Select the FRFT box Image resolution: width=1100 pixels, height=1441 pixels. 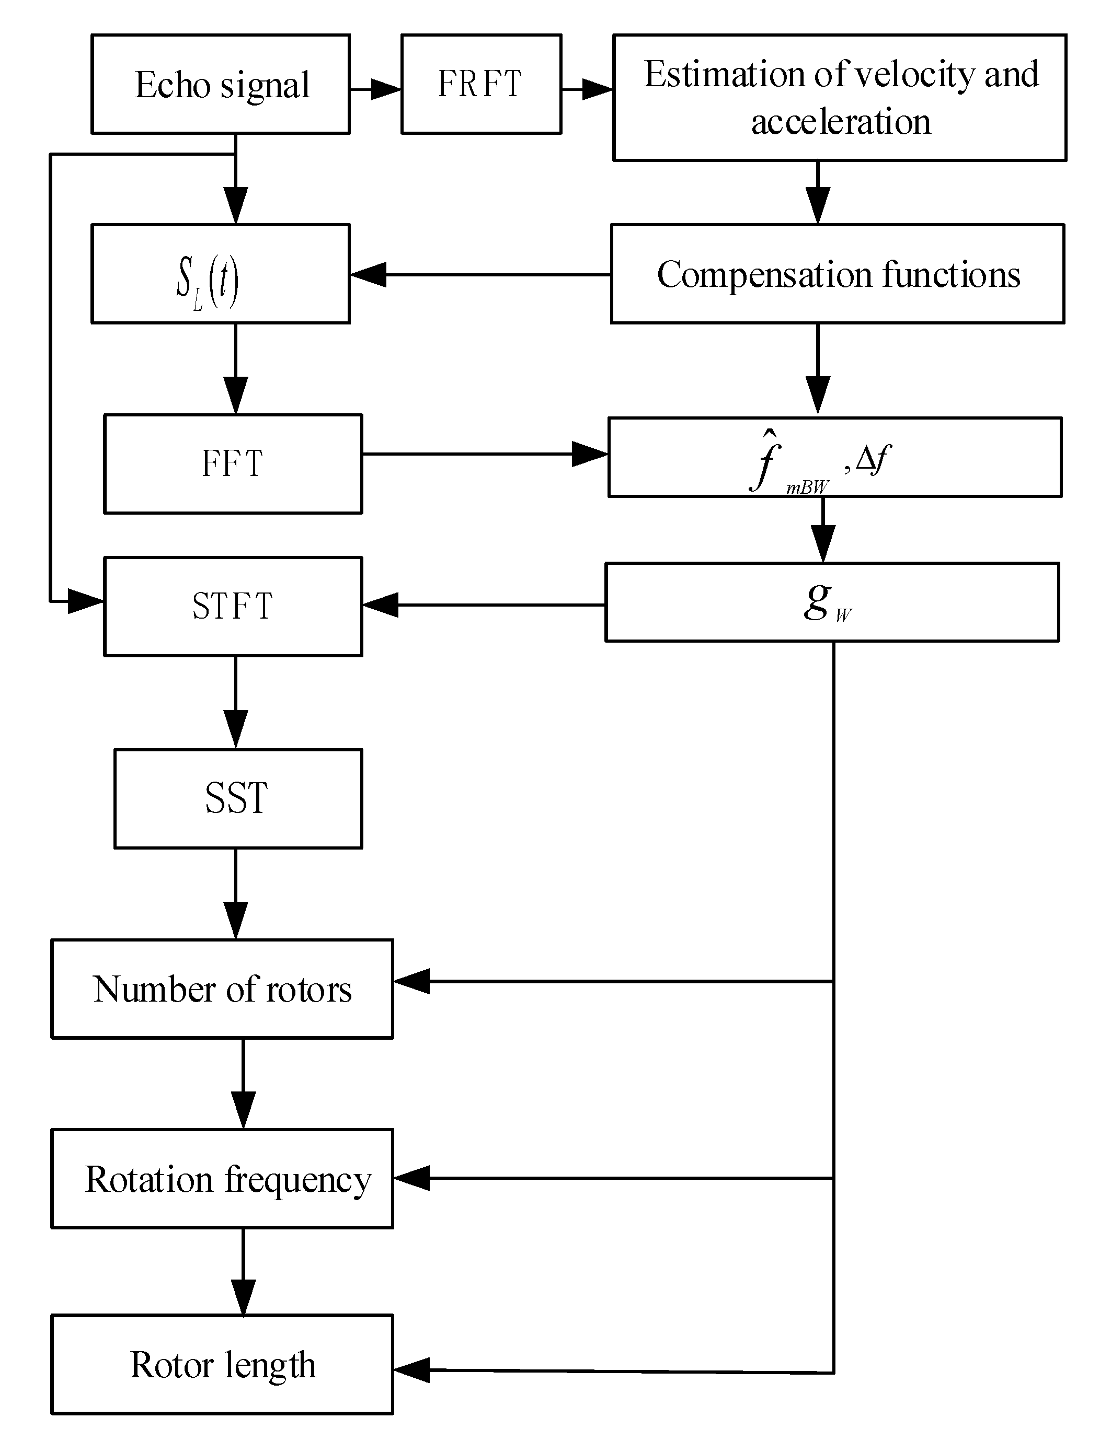pos(480,85)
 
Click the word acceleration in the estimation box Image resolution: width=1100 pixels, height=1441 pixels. pos(840,122)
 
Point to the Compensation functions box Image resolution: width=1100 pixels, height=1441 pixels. pos(838,274)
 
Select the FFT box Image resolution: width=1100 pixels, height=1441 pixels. pos(233,463)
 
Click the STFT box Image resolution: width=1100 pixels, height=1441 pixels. pos(233,606)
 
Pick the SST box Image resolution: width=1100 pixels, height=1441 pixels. pos(238,798)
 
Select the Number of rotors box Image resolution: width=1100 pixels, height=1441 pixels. pos(222,989)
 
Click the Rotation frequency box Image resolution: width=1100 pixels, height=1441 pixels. pos(222,1179)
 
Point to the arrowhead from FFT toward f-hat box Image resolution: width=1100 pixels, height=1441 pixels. pos(589,454)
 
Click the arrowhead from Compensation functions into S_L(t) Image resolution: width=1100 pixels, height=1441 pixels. pos(369,274)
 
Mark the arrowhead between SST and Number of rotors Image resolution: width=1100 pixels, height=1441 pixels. pos(236,920)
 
